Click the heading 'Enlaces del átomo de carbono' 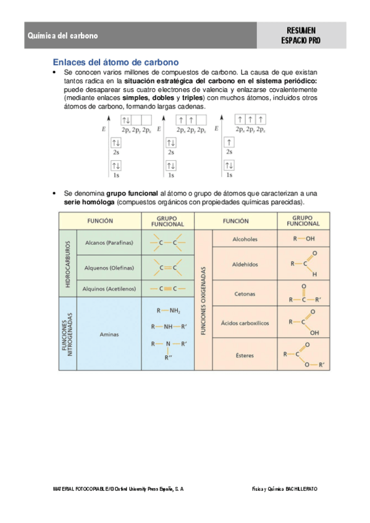116,62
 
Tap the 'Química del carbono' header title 62,36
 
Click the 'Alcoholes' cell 245,239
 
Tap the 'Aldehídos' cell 245,263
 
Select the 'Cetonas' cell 245,294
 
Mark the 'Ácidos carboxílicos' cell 245,323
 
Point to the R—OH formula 304,238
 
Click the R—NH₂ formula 168,310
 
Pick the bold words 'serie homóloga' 89,202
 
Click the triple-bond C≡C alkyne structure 168,288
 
